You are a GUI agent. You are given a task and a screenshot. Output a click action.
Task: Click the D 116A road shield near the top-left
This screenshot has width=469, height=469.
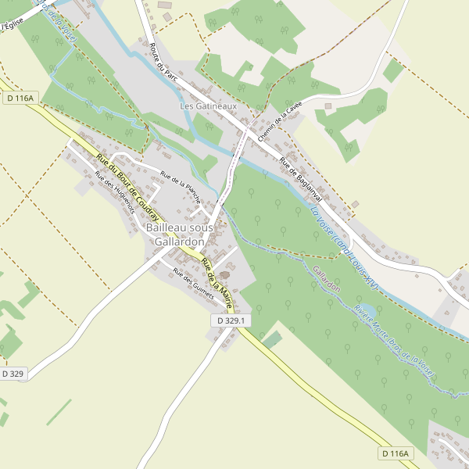[20, 98]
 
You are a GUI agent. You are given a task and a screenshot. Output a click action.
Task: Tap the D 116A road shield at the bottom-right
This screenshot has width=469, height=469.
[396, 453]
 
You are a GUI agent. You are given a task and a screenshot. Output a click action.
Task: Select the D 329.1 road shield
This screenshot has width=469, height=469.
[230, 320]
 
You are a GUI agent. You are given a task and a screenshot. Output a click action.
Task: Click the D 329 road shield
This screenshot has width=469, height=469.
[13, 374]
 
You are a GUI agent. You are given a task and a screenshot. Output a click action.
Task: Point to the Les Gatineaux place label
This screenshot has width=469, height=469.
[208, 106]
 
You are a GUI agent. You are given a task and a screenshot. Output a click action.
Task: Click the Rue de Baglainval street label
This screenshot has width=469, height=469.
[302, 179]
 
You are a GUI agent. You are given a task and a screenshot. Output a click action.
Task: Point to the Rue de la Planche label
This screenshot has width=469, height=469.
[181, 187]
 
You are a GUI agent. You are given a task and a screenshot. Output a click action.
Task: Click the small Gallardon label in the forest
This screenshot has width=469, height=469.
[326, 280]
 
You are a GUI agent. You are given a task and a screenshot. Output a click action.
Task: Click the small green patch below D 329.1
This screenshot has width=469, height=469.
[272, 340]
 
